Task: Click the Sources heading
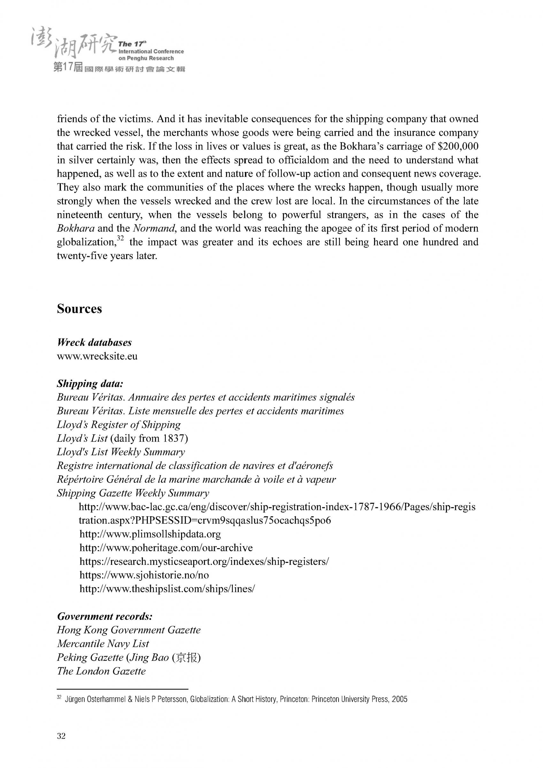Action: click(x=79, y=309)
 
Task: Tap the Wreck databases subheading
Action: click(x=94, y=342)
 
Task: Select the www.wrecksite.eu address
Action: click(x=97, y=356)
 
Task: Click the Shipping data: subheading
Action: click(x=90, y=383)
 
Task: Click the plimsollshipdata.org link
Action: click(x=150, y=534)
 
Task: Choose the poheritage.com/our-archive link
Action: click(x=166, y=548)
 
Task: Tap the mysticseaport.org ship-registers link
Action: click(x=204, y=561)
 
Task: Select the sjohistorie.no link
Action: click(x=144, y=575)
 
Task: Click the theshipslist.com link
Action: click(x=167, y=589)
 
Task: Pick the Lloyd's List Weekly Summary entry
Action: click(x=121, y=452)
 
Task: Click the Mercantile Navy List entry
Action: click(x=103, y=644)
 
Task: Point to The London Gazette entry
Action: click(x=101, y=671)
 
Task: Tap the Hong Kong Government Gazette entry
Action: click(x=129, y=630)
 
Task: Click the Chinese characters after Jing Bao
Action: click(x=186, y=657)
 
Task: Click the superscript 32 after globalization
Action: click(x=121, y=238)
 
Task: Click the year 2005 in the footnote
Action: click(x=400, y=699)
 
